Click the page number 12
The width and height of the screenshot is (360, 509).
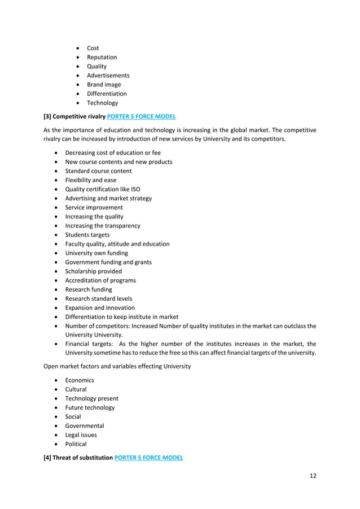pyautogui.click(x=313, y=476)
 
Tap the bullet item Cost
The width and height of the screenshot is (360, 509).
pyautogui.click(x=93, y=48)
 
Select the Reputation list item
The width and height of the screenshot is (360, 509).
pyautogui.click(x=102, y=57)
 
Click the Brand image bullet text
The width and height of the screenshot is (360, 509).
pyautogui.click(x=104, y=85)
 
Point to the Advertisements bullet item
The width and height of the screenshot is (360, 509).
pyautogui.click(x=108, y=76)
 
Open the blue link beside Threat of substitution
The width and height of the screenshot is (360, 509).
pyautogui.click(x=148, y=458)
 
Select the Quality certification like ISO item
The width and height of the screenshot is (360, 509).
pyautogui.click(x=103, y=189)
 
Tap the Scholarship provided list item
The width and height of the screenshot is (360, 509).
pyautogui.click(x=93, y=271)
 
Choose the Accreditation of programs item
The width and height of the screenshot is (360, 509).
pyautogui.click(x=100, y=280)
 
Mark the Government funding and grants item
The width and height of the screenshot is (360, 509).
pyautogui.click(x=108, y=262)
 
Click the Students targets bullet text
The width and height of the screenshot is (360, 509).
pyautogui.click(x=87, y=235)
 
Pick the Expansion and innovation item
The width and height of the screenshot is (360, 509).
pyautogui.click(x=100, y=308)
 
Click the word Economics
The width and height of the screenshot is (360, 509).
pyautogui.click(x=80, y=380)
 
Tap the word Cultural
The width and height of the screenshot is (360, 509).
pyautogui.click(x=76, y=389)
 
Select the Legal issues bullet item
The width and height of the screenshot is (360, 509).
pyautogui.click(x=81, y=435)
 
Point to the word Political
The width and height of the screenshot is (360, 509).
pyautogui.click(x=76, y=444)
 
